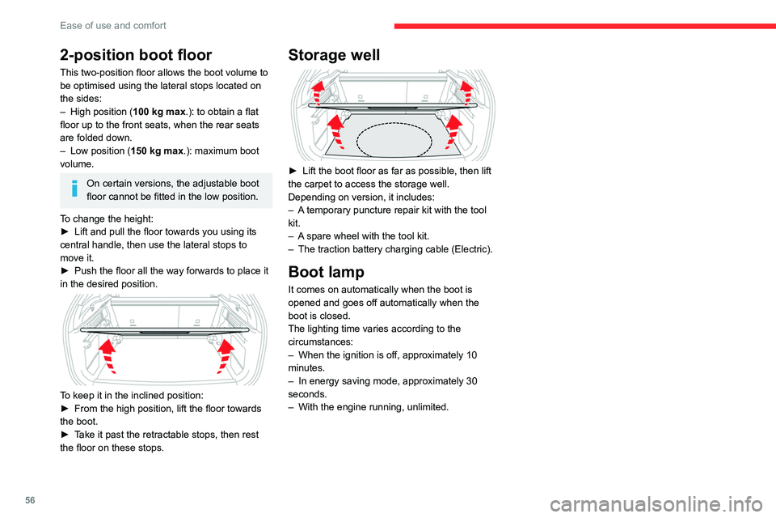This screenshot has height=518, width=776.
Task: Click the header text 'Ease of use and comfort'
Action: [113, 25]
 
